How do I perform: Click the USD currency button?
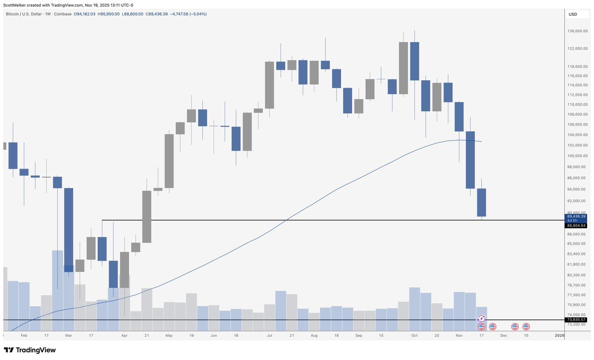573,14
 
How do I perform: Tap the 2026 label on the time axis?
559,335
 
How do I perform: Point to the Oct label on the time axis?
414,335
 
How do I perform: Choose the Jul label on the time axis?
270,335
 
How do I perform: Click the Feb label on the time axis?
24,335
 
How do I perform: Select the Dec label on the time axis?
503,335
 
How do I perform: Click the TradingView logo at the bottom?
30,350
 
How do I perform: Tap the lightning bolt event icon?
481,319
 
